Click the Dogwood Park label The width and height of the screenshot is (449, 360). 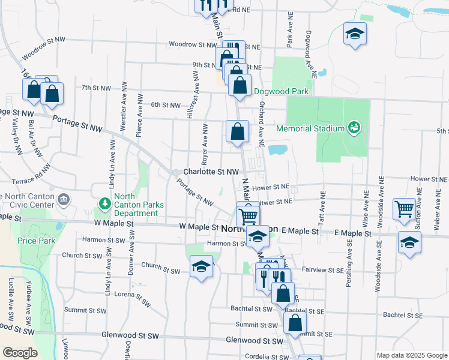281,92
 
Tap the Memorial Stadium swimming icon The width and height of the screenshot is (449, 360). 354,127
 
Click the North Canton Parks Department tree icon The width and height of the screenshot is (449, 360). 104,202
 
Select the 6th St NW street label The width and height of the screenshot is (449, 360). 165,105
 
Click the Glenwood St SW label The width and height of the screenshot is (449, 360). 254,340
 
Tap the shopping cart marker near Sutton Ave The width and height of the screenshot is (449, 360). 405,209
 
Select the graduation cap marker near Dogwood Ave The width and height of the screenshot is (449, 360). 355,34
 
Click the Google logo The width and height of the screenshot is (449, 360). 20,353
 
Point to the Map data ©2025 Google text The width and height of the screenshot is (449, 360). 411,355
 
